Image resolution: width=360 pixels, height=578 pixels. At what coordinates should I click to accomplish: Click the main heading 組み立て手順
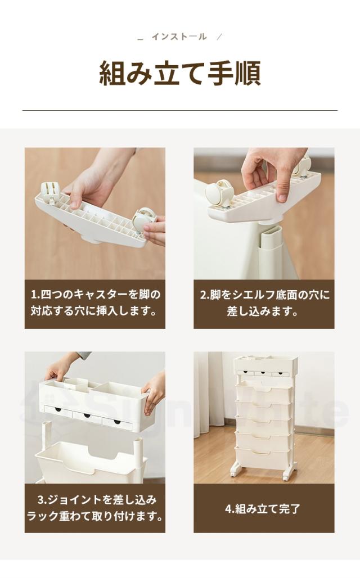(x=179, y=73)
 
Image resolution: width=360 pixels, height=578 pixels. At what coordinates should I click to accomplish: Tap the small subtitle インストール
(x=179, y=37)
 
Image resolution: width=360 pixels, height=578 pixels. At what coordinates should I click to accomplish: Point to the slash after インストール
(x=219, y=37)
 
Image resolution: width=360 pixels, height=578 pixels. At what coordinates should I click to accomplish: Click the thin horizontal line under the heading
(x=179, y=110)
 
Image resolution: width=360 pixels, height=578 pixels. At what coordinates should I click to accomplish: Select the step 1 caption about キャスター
(x=94, y=302)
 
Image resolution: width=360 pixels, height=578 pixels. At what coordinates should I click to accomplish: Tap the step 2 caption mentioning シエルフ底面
(x=264, y=302)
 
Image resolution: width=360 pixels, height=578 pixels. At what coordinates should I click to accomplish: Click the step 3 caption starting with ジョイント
(x=94, y=508)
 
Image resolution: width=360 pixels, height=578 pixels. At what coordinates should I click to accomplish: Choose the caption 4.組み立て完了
(x=263, y=509)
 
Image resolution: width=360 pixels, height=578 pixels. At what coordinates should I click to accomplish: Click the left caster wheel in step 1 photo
(x=49, y=195)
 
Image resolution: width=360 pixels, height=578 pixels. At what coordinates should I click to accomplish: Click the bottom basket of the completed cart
(x=264, y=455)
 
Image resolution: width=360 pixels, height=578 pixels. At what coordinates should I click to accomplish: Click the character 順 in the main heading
(x=245, y=73)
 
